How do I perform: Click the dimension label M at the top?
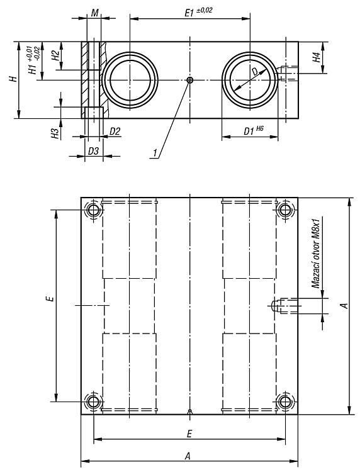pos(95,13)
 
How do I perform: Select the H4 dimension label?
pos(317,57)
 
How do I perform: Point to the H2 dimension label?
pos(55,55)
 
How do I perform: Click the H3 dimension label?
pos(55,133)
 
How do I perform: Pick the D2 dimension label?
pos(115,132)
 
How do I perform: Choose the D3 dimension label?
pos(93,151)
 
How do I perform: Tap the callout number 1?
pos(155,153)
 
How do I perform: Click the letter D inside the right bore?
pos(255,71)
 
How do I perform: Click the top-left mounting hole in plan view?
pos(93,210)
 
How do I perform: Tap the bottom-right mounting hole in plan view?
pos(285,402)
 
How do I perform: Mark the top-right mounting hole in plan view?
pos(285,210)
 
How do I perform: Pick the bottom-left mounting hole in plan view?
pos(93,402)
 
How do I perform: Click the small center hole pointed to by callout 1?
pos(189,80)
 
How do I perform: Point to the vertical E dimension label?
pos(52,298)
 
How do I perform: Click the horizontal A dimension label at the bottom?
pos(188,457)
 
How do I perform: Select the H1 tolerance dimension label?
pos(34,60)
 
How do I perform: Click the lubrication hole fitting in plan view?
pos(284,305)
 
